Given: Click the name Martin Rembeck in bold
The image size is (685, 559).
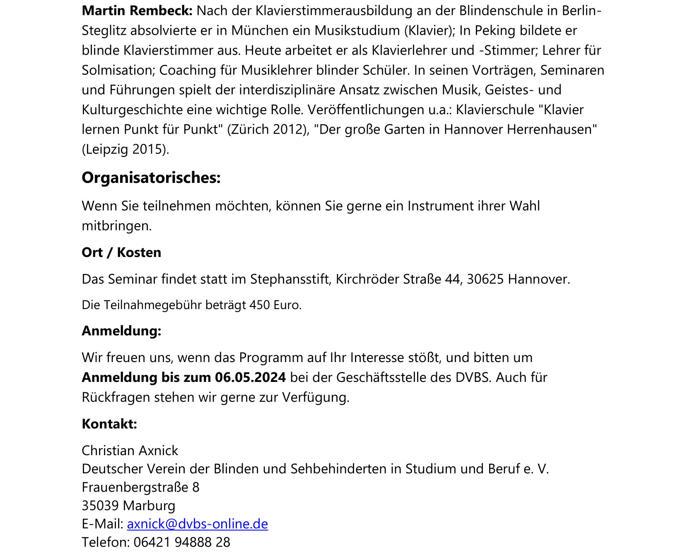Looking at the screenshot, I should [137, 11].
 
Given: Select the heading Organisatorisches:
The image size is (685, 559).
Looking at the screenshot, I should [151, 178].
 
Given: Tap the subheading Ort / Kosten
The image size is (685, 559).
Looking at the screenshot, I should [121, 252].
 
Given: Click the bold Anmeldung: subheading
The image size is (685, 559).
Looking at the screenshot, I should [121, 331].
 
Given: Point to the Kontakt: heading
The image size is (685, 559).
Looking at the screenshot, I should [109, 424].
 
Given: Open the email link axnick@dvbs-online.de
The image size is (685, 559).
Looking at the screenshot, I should [198, 524].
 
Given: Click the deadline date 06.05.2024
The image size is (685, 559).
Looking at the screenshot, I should [250, 377].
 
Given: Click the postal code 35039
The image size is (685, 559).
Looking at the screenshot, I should [100, 506].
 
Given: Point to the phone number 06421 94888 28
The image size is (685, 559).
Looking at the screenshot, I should [182, 542].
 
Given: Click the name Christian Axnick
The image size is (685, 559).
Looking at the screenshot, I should [130, 451].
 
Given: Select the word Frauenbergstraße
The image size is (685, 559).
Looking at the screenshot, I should [135, 487].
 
